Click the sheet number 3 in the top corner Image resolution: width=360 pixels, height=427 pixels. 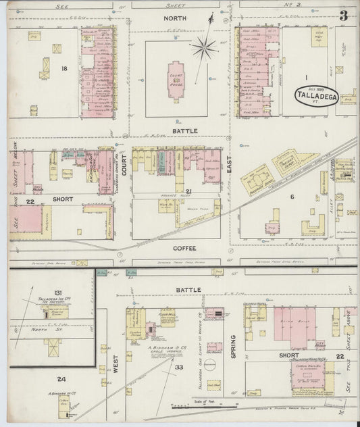pos(344,15)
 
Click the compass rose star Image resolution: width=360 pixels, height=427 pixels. pos(202,47)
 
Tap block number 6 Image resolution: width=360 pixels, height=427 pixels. pos(292,196)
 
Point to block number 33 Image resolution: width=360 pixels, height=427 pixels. pos(179,367)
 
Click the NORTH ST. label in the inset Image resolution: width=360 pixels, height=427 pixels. pos(47,330)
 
